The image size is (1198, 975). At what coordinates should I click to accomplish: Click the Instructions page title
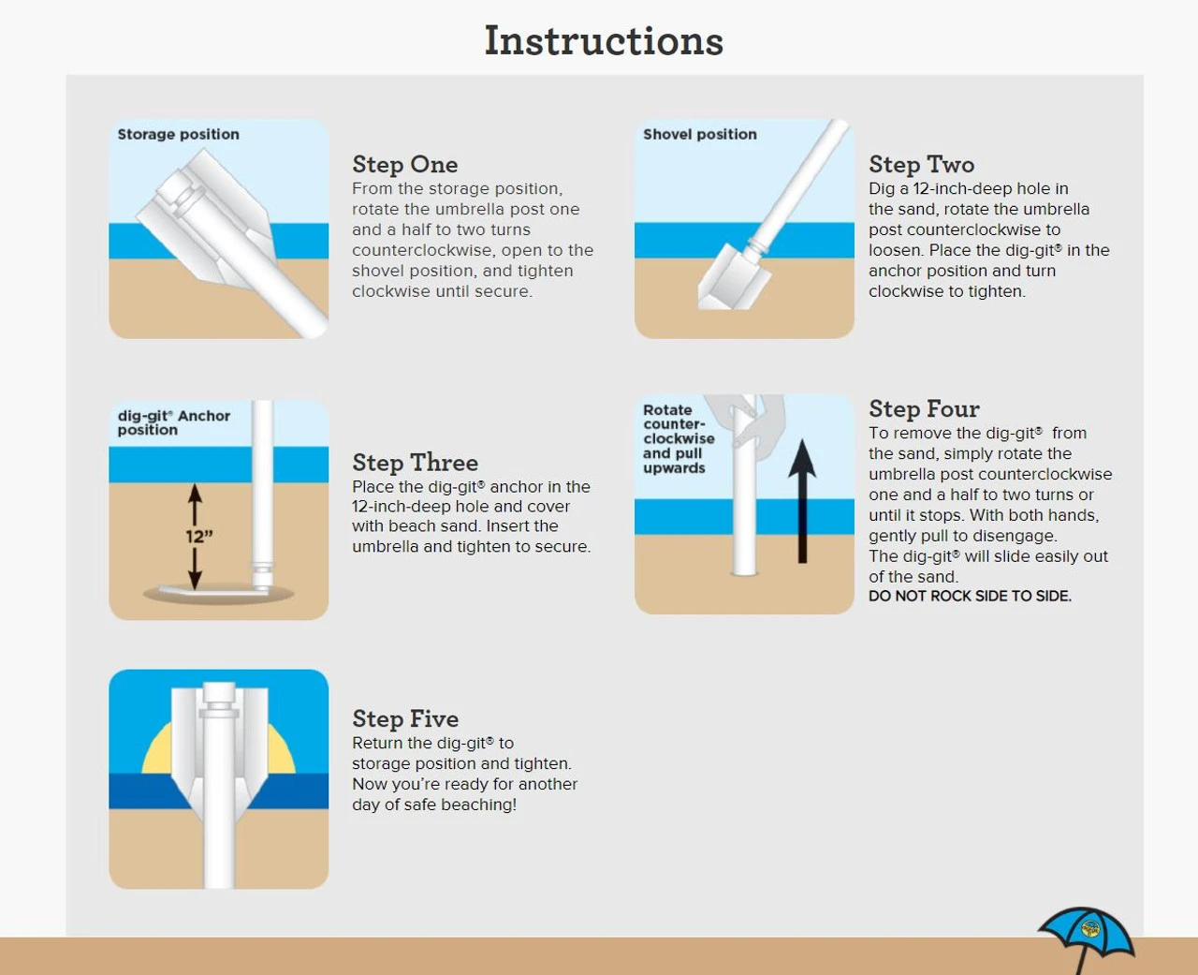604,41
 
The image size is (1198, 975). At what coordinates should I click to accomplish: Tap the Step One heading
405,165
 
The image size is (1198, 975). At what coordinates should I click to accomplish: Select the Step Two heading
921,165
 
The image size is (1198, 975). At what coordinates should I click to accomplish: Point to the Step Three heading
415,463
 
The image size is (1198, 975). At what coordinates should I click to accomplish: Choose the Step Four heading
924,408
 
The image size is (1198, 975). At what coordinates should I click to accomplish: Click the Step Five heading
405,719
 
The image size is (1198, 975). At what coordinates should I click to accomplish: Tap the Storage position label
178,135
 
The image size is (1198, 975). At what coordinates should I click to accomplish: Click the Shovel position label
700,135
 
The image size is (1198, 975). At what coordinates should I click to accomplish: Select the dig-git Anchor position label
174,422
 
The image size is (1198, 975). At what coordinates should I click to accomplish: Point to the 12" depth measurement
199,537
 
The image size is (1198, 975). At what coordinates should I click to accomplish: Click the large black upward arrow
803,501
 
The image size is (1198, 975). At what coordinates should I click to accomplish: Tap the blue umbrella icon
1087,932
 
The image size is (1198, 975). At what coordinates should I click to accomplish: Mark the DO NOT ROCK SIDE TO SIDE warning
971,597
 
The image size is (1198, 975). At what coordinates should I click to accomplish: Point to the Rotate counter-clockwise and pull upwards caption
679,439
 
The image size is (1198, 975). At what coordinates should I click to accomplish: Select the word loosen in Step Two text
896,250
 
